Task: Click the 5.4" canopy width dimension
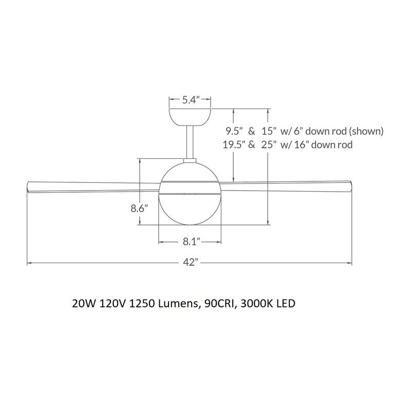point(191,100)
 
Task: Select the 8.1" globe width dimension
point(191,240)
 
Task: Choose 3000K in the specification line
point(257,304)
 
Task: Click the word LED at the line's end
point(286,304)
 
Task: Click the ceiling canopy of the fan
point(191,116)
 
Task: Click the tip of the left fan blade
point(29,186)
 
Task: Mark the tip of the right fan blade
point(351,186)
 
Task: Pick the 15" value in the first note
point(270,130)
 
